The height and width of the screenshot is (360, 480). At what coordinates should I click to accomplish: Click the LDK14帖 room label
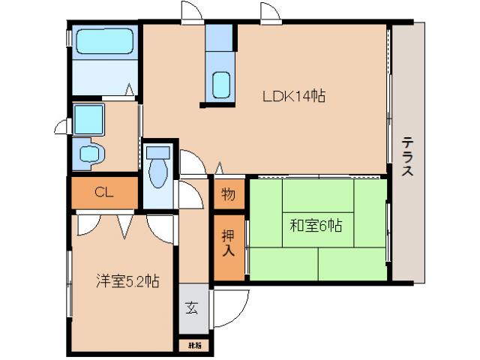(292, 96)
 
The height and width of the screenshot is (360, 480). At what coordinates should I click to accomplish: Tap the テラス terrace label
(407, 157)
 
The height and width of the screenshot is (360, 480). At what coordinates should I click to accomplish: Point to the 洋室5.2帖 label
(126, 281)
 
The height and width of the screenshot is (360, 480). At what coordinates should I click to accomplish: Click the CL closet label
(104, 193)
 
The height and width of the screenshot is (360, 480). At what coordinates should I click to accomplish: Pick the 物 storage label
(228, 195)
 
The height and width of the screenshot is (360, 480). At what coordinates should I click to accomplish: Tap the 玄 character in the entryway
(193, 307)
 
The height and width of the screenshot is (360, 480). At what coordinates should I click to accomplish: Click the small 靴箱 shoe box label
(194, 345)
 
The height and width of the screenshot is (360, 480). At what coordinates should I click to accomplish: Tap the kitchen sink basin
(221, 85)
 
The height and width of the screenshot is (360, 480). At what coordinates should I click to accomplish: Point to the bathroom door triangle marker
(130, 91)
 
